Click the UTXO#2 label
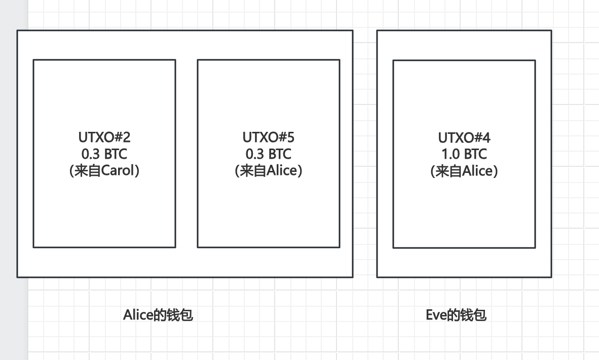(104, 137)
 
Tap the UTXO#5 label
(269, 137)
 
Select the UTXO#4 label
(464, 137)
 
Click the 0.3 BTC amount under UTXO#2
(104, 154)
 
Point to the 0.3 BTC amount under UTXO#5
(269, 154)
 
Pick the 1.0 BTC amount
(464, 154)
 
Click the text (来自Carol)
(104, 171)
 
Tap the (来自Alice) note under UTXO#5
(269, 171)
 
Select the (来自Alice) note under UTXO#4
(464, 171)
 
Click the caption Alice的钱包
(158, 315)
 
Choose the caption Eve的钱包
(456, 315)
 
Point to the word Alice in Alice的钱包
(138, 315)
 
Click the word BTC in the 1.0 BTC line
(476, 154)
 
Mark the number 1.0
(449, 154)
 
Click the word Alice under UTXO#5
(283, 171)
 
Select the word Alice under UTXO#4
(478, 171)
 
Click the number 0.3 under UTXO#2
(89, 154)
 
